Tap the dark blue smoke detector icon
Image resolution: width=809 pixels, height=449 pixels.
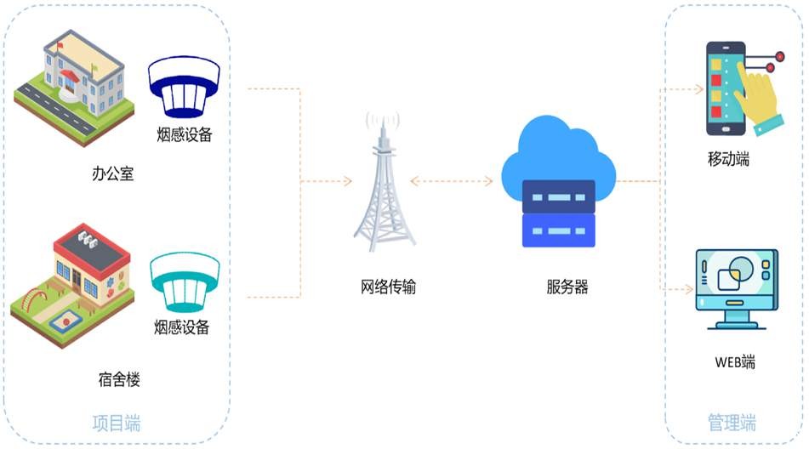[x=185, y=88]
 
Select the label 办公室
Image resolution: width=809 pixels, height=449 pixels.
[x=113, y=174]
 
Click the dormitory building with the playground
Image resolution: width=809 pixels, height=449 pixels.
[x=71, y=281]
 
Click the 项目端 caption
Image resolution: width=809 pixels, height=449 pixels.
[x=117, y=423]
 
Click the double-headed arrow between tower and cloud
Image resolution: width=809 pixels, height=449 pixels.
[x=452, y=181]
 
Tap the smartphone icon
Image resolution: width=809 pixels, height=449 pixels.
[x=725, y=88]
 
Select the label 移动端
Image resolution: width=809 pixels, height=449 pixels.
[x=729, y=159]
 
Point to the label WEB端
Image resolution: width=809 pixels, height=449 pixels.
[x=734, y=362]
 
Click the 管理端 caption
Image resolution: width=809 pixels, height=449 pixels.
[x=732, y=423]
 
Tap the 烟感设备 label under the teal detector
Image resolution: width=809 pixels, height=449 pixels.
[x=182, y=327]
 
